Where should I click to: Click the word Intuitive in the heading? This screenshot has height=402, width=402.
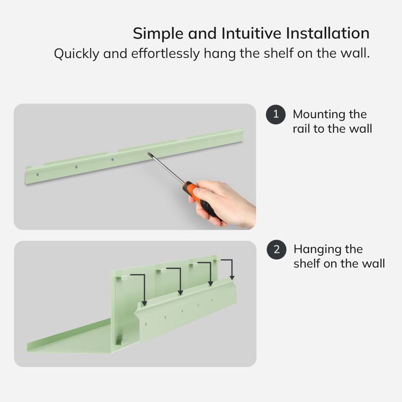point(251,33)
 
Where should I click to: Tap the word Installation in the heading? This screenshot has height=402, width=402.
point(328,33)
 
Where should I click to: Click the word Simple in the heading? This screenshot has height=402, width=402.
point(158,34)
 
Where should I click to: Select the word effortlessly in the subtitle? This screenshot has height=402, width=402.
point(165,53)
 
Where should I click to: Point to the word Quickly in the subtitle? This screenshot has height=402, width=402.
point(77,54)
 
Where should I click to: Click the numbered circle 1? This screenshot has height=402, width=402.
point(276,114)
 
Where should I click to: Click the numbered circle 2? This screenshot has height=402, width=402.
point(277,249)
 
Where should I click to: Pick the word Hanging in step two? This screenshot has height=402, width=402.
point(317,250)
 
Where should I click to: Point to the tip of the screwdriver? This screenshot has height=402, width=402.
point(148,153)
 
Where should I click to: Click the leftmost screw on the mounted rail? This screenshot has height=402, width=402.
point(37,175)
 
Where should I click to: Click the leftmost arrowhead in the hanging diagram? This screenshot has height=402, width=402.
point(144,303)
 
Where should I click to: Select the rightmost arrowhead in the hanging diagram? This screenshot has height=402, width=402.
point(232,278)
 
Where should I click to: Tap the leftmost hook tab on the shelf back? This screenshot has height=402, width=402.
point(122,278)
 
